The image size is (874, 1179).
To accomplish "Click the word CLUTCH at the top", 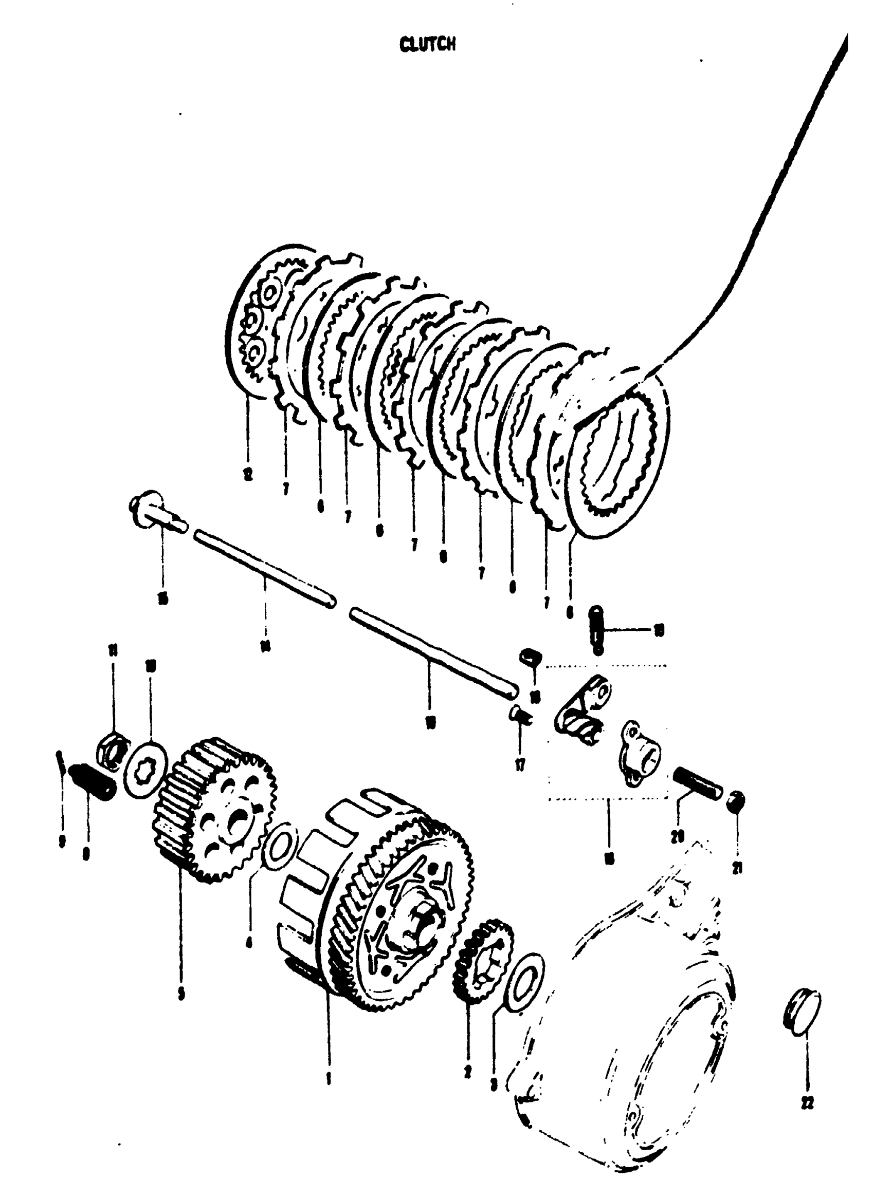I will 427,44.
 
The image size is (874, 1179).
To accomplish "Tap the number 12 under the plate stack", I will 248,474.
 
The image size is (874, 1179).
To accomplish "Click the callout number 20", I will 678,836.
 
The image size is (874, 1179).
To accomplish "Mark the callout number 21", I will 737,867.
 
